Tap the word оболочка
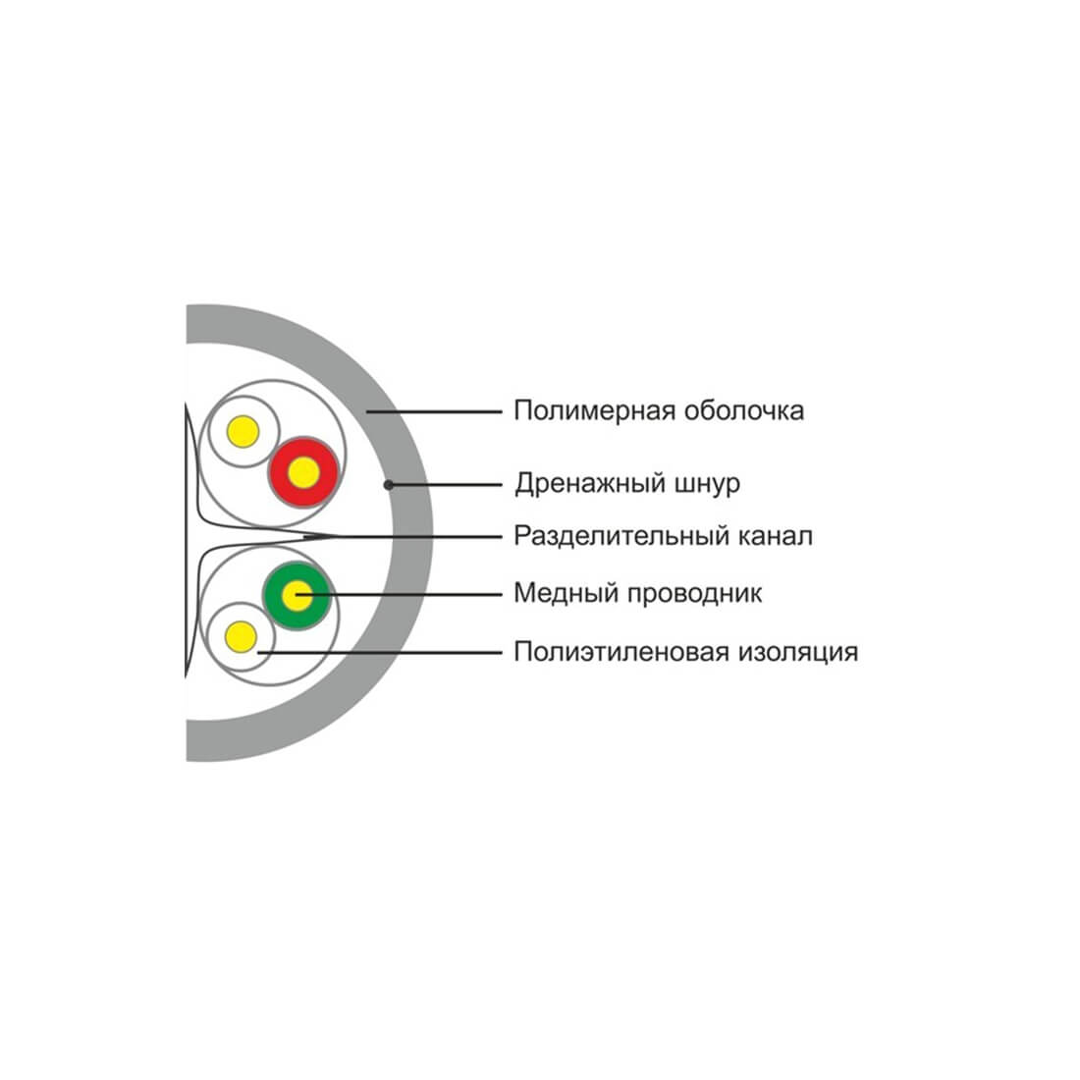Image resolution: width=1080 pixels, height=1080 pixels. (744, 410)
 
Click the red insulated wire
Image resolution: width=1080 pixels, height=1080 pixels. (303, 472)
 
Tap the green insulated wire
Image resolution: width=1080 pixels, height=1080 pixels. (297, 596)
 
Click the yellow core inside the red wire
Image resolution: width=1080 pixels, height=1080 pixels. (303, 472)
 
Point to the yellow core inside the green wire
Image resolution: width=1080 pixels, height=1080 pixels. (297, 596)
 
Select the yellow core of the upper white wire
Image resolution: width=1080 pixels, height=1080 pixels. (243, 432)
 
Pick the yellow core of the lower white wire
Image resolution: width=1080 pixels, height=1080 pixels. (242, 636)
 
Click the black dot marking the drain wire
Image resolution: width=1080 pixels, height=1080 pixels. (389, 485)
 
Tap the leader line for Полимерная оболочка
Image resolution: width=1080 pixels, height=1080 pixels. (434, 412)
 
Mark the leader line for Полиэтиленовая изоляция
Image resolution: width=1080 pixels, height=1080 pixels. (380, 652)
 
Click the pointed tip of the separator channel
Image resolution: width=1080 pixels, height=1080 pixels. (339, 536)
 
